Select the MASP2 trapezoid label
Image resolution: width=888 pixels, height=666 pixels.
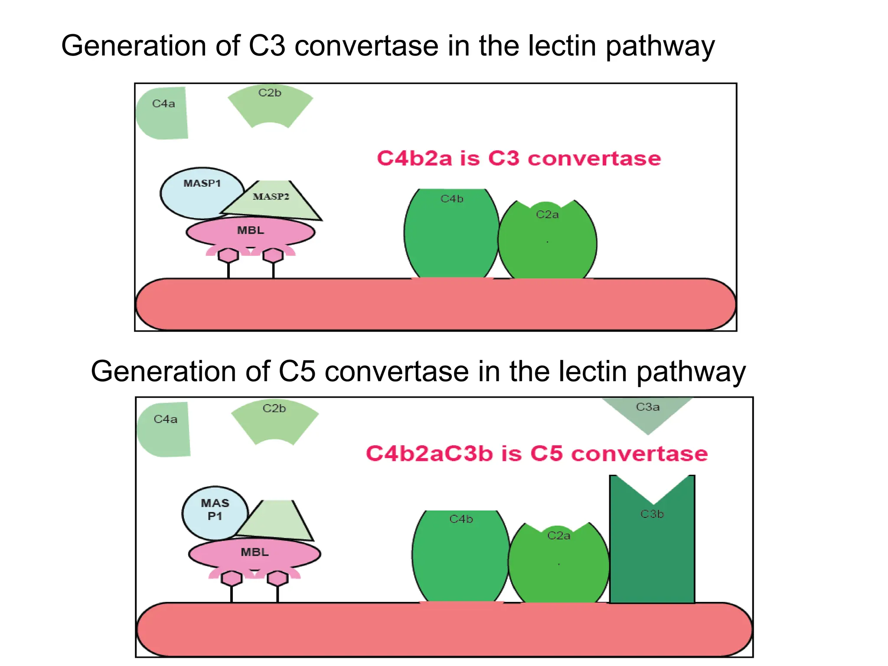[271, 197]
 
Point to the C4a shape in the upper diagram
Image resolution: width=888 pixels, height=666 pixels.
[163, 113]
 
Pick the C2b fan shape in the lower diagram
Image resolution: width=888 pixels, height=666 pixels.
[274, 421]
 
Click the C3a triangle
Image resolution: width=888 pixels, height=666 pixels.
[647, 412]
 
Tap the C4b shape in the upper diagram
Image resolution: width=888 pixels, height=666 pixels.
[451, 234]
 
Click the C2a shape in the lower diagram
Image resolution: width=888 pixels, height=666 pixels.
[558, 564]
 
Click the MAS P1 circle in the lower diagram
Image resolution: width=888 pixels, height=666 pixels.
[214, 512]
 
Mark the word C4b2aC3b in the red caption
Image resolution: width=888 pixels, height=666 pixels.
[429, 454]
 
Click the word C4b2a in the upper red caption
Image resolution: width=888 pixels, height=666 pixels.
[415, 158]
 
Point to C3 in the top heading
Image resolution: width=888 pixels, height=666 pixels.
[267, 46]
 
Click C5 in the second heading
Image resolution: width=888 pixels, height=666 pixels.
[297, 372]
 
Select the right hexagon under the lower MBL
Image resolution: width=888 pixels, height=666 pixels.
[277, 578]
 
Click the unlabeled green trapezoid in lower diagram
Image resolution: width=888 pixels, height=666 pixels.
[277, 520]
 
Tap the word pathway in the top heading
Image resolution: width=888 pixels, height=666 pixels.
[660, 46]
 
